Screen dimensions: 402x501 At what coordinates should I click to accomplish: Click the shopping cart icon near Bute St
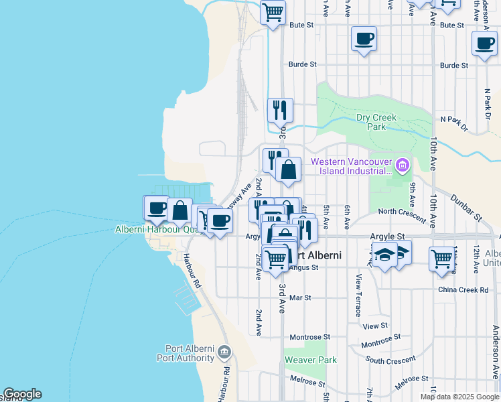273,12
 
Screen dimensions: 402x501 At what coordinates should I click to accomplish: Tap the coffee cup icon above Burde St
364,39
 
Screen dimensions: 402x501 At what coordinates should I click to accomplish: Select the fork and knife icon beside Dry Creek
280,111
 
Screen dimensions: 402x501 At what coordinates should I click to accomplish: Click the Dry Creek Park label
376,122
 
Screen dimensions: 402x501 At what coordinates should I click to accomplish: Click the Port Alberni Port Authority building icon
224,352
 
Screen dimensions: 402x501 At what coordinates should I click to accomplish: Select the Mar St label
300,297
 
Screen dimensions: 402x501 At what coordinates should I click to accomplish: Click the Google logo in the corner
22,394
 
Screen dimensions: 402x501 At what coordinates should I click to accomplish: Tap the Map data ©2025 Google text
459,397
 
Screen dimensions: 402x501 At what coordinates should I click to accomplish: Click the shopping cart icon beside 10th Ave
442,259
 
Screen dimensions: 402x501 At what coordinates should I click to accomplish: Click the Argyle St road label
387,237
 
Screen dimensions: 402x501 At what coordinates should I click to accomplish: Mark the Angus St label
304,267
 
